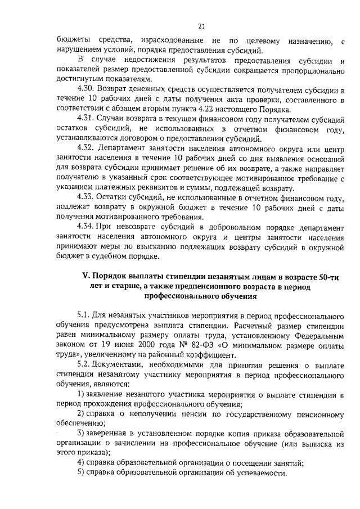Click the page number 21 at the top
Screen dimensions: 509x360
201,25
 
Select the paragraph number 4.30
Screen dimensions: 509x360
86,89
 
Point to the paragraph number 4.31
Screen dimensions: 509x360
86,119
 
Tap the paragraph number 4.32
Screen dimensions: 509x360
86,148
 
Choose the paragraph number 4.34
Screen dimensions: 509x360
86,227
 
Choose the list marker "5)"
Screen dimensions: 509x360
82,474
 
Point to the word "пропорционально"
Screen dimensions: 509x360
313,70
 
